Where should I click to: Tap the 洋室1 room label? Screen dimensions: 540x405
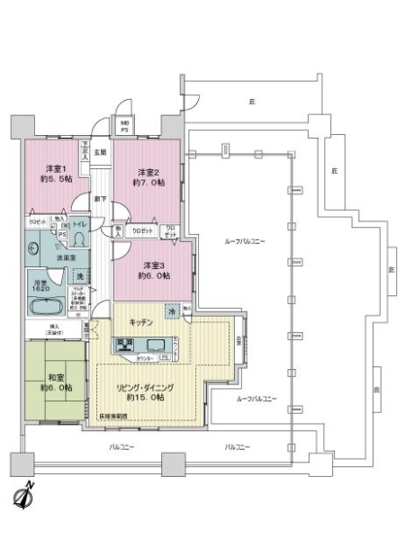click(58, 174)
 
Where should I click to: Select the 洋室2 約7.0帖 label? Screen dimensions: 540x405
click(148, 176)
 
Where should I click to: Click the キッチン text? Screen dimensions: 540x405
click(140, 321)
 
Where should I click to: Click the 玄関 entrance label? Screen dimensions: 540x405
click(102, 153)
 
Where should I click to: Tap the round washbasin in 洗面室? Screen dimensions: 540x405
click(35, 255)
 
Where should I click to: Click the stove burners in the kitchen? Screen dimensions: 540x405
click(125, 346)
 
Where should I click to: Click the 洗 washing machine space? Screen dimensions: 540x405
click(79, 274)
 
